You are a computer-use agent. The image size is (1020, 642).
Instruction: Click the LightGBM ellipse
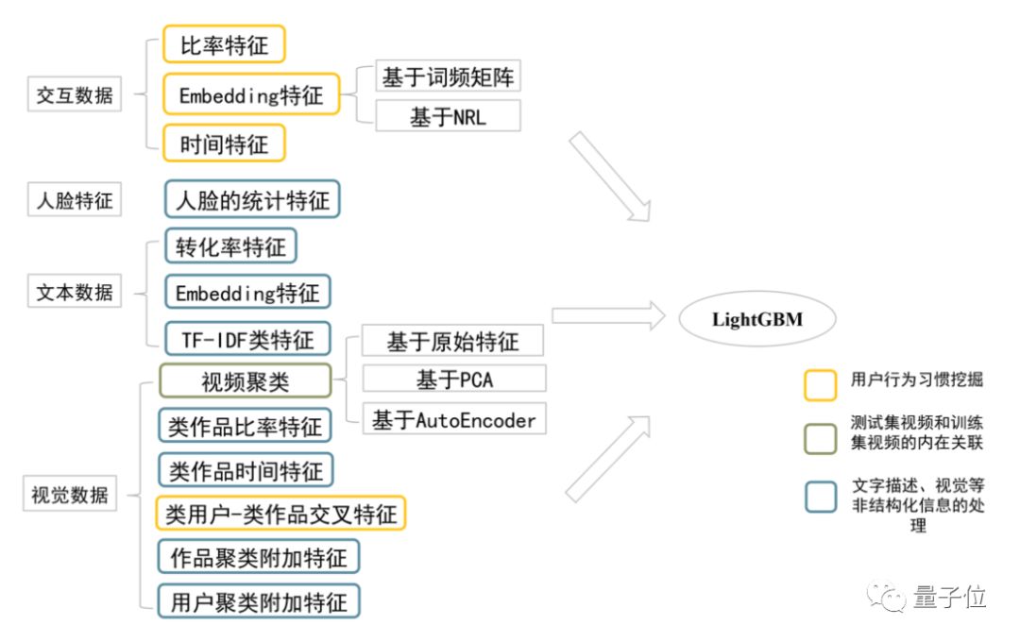click(x=756, y=319)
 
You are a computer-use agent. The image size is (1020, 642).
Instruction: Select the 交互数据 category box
click(x=74, y=95)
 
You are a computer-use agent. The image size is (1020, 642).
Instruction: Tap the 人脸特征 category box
click(x=74, y=200)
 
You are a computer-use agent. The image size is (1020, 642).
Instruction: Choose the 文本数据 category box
click(x=74, y=292)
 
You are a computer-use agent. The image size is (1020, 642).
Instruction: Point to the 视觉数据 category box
click(x=70, y=494)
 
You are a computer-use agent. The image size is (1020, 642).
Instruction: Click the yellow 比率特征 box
click(x=224, y=44)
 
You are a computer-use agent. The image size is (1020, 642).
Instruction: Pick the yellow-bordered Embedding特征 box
click(x=250, y=95)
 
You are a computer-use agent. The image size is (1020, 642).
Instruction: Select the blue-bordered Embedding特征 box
click(x=247, y=293)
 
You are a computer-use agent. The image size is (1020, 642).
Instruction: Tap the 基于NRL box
click(x=448, y=116)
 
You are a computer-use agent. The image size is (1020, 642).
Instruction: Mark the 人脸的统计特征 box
click(x=252, y=200)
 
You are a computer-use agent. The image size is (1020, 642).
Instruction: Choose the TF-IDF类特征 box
click(x=247, y=338)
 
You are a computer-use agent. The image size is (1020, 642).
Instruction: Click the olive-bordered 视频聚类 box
click(x=245, y=381)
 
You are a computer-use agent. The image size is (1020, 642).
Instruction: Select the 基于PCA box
click(x=454, y=379)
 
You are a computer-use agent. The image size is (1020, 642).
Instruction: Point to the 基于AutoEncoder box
click(x=454, y=419)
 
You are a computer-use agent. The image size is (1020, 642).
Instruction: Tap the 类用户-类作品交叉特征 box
click(x=280, y=514)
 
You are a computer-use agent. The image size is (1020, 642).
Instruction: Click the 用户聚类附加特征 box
click(x=259, y=601)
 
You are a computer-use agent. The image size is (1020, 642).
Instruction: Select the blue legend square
click(x=820, y=496)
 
